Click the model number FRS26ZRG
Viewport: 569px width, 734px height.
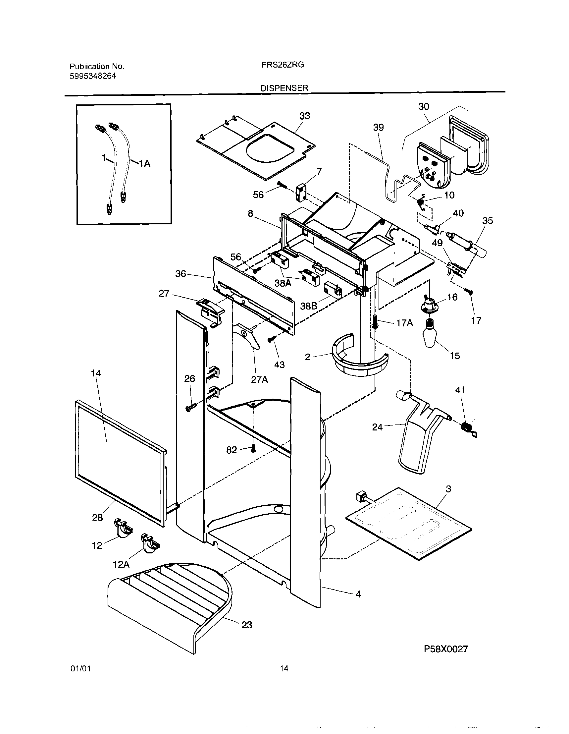tap(283, 65)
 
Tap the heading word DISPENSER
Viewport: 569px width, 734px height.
tap(284, 88)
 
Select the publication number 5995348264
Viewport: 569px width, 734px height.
tap(93, 76)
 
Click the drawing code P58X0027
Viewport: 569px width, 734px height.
tap(445, 649)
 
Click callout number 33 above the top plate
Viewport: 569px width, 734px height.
tap(304, 116)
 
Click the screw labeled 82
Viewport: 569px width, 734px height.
tap(254, 448)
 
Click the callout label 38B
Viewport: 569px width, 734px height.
tap(308, 306)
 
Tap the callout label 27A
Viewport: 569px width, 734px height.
tap(259, 380)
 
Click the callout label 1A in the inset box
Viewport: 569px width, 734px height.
tap(145, 164)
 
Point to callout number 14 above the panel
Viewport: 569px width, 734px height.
tap(96, 373)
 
